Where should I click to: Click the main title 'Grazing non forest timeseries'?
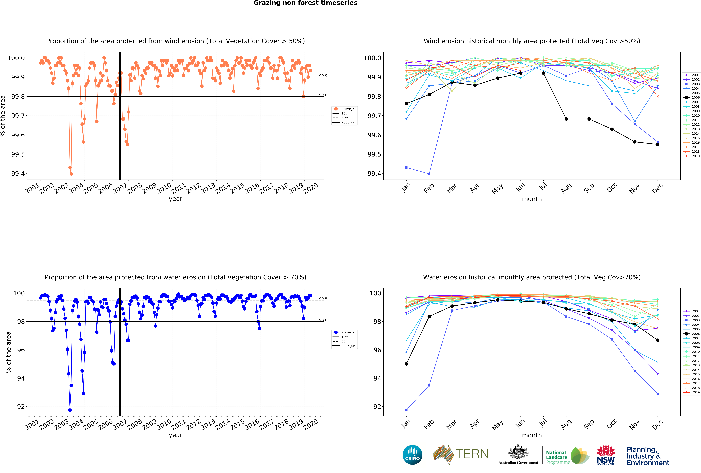tap(305, 3)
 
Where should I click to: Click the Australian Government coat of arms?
tap(518, 452)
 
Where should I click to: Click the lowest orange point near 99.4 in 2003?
tap(71, 174)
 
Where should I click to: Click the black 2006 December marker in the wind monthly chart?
tap(658, 144)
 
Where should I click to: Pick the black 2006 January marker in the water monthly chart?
tap(406, 364)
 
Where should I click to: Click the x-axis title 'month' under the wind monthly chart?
tap(532, 199)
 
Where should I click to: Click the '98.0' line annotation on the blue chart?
tap(323, 320)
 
